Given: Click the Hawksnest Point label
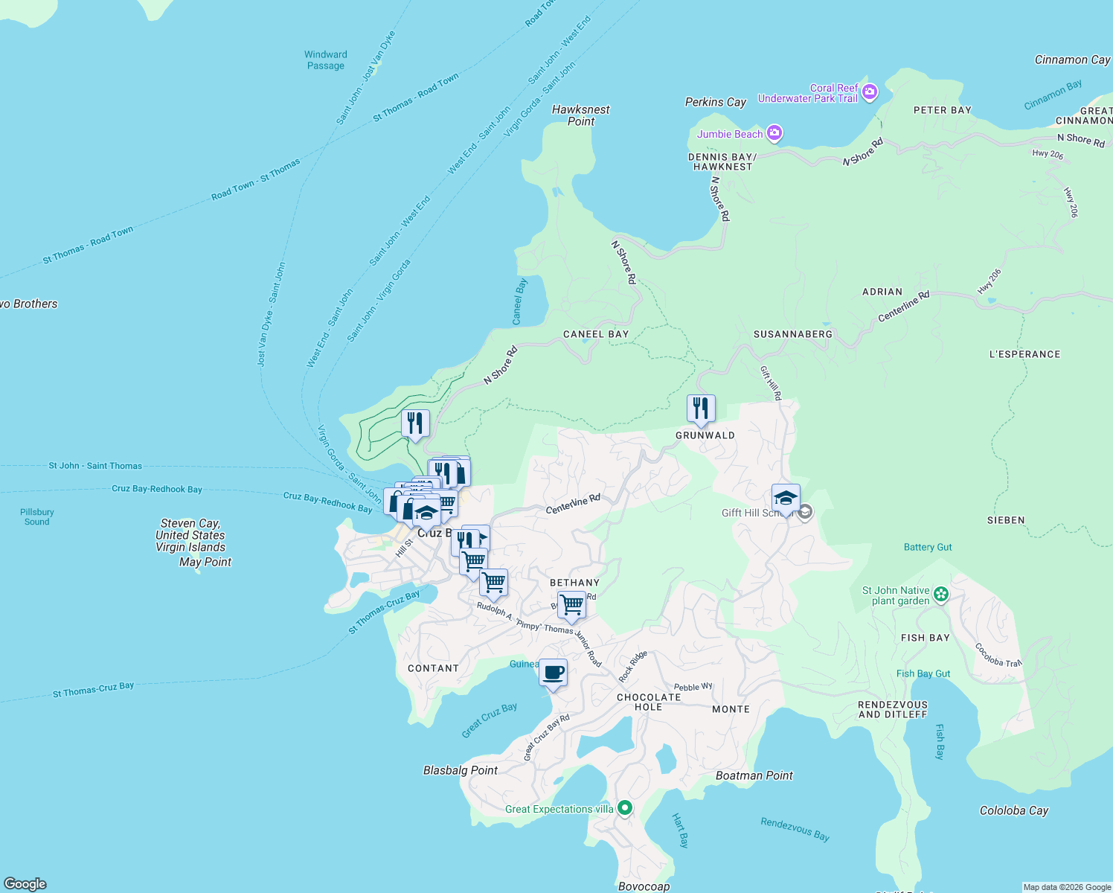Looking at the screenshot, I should (x=580, y=115).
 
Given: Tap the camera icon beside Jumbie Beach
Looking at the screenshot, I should (x=774, y=134).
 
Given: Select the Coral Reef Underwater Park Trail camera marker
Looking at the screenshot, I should (x=870, y=92).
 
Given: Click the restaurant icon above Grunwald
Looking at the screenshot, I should (x=701, y=409).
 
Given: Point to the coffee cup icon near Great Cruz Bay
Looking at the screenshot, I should (x=553, y=673).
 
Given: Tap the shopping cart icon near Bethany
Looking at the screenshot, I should (x=571, y=605).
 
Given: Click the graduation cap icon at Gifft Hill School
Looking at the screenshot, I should (x=786, y=498).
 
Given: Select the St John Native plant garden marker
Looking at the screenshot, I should (x=941, y=594).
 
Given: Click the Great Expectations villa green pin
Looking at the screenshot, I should (x=625, y=807).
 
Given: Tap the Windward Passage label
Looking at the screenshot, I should (x=326, y=60).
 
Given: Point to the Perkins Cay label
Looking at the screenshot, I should (x=715, y=102).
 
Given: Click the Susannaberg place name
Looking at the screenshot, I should (x=793, y=334).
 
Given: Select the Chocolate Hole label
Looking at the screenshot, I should (x=649, y=702).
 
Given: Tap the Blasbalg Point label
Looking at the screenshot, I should (x=460, y=770).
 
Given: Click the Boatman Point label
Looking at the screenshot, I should (x=754, y=775).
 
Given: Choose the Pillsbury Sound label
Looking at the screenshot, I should (x=36, y=516).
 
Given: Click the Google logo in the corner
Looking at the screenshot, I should (x=25, y=883).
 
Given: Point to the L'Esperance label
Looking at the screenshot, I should (x=1024, y=354).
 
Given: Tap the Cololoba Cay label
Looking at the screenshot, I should (x=1013, y=810).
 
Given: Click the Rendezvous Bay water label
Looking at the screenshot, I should (x=795, y=829).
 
